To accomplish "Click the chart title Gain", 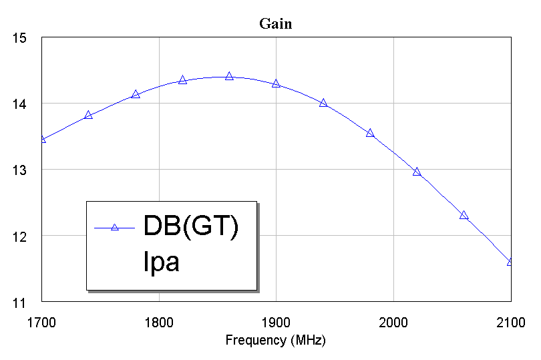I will coord(275,25).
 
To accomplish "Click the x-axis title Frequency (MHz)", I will coord(275,340).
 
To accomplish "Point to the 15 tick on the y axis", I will coord(19,38).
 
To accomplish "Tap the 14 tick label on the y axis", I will coord(19,104).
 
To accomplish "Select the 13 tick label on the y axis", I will coord(19,170).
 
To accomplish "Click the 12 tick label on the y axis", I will coord(19,236).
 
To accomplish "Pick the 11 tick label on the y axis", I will coord(19,303).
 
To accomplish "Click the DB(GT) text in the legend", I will coord(191,227).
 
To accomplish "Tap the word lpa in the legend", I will coord(162,261).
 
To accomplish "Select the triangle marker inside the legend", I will coord(114,227).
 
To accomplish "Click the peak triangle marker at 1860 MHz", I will coord(229,76).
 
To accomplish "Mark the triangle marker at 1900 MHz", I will coord(276,83).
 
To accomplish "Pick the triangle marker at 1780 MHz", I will coord(136,94).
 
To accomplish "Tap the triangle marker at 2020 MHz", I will coord(417,172).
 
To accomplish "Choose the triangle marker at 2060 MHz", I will coord(464,215).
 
